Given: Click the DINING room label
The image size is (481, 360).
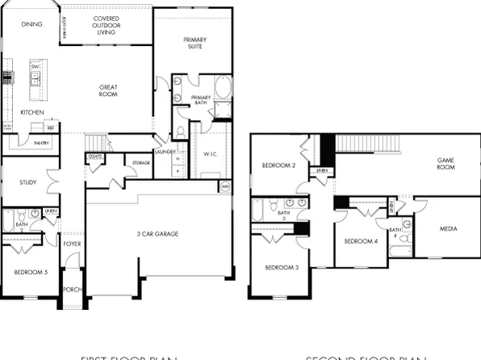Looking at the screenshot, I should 32,25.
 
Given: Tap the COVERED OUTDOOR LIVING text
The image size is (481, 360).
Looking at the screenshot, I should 107,24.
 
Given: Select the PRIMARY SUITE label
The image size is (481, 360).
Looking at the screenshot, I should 194,43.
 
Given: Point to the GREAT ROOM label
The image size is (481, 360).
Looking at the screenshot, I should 108,90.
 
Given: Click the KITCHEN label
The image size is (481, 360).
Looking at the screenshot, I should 32,112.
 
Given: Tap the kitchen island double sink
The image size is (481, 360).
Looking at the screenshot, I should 36,77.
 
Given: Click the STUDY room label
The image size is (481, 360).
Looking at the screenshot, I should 28,182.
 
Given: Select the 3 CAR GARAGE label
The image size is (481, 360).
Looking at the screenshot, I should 157,234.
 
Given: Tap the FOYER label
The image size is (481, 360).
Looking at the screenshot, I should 73,243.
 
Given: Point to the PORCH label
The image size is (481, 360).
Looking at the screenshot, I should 73,290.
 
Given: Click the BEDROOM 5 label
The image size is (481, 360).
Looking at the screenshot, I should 31,273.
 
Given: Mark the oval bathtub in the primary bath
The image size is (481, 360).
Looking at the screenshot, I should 224,87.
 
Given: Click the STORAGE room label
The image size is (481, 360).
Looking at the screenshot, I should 140,163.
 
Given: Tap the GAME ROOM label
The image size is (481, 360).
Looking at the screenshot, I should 446,164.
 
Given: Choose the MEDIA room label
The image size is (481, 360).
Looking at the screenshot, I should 449,228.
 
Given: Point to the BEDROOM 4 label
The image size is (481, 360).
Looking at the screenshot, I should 360,241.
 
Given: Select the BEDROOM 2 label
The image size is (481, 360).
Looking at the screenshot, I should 280,165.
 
